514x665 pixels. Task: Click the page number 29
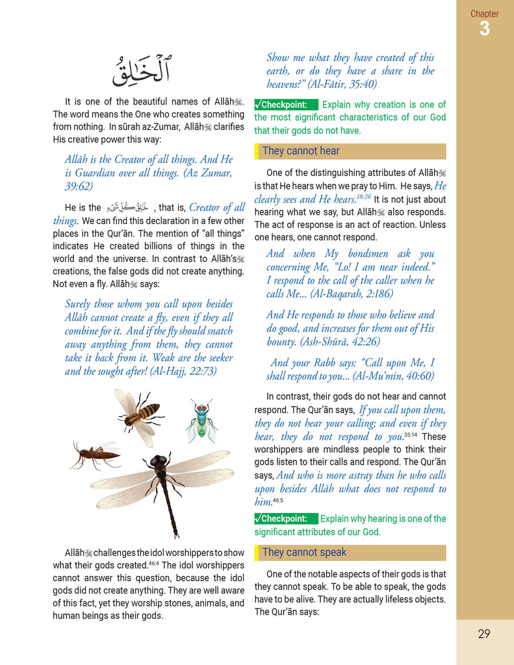[483, 634]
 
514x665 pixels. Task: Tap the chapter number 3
[485, 29]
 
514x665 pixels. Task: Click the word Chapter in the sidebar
[485, 14]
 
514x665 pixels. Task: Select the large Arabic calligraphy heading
[140, 69]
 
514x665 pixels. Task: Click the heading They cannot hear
[301, 151]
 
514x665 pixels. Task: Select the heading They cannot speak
[304, 553]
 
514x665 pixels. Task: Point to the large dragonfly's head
[157, 462]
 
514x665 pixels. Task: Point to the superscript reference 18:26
[363, 196]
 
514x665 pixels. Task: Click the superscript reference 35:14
[411, 434]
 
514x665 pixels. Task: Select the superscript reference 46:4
[154, 562]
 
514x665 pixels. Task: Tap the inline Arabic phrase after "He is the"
[127, 207]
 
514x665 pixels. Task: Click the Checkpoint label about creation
[285, 105]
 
